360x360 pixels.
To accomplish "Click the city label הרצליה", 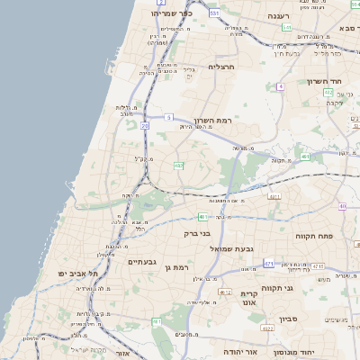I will pyautogui.click(x=221, y=67).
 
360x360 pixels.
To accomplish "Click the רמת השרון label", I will pyautogui.click(x=212, y=119).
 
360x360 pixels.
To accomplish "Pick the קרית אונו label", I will pyautogui.click(x=249, y=299).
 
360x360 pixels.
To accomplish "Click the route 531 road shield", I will pyautogui.click(x=213, y=13).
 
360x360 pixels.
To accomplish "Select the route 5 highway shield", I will pyautogui.click(x=169, y=117).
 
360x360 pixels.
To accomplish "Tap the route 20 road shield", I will pyautogui.click(x=144, y=126).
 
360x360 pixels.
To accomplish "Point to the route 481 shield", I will pyautogui.click(x=305, y=157).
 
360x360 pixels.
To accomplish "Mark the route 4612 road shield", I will pyautogui.click(x=225, y=292).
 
